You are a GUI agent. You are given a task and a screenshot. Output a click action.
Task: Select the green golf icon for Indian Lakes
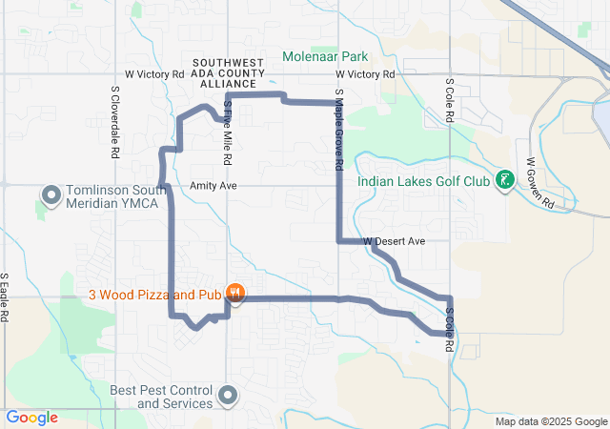[x=506, y=180]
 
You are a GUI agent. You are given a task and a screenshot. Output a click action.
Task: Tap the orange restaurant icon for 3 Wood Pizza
[x=235, y=293]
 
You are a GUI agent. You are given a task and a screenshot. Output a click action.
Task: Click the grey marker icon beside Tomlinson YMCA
[x=51, y=195]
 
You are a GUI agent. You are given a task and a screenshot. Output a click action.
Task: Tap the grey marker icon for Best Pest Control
[x=228, y=395]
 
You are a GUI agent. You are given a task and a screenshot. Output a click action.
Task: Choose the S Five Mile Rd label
[x=228, y=133]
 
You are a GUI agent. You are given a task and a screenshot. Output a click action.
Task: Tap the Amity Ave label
[x=213, y=185]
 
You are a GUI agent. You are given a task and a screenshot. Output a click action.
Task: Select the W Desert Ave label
[x=394, y=241]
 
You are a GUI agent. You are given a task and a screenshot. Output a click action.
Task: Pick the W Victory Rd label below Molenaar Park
[x=365, y=73]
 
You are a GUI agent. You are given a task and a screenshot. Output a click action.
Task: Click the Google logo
[x=32, y=418]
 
